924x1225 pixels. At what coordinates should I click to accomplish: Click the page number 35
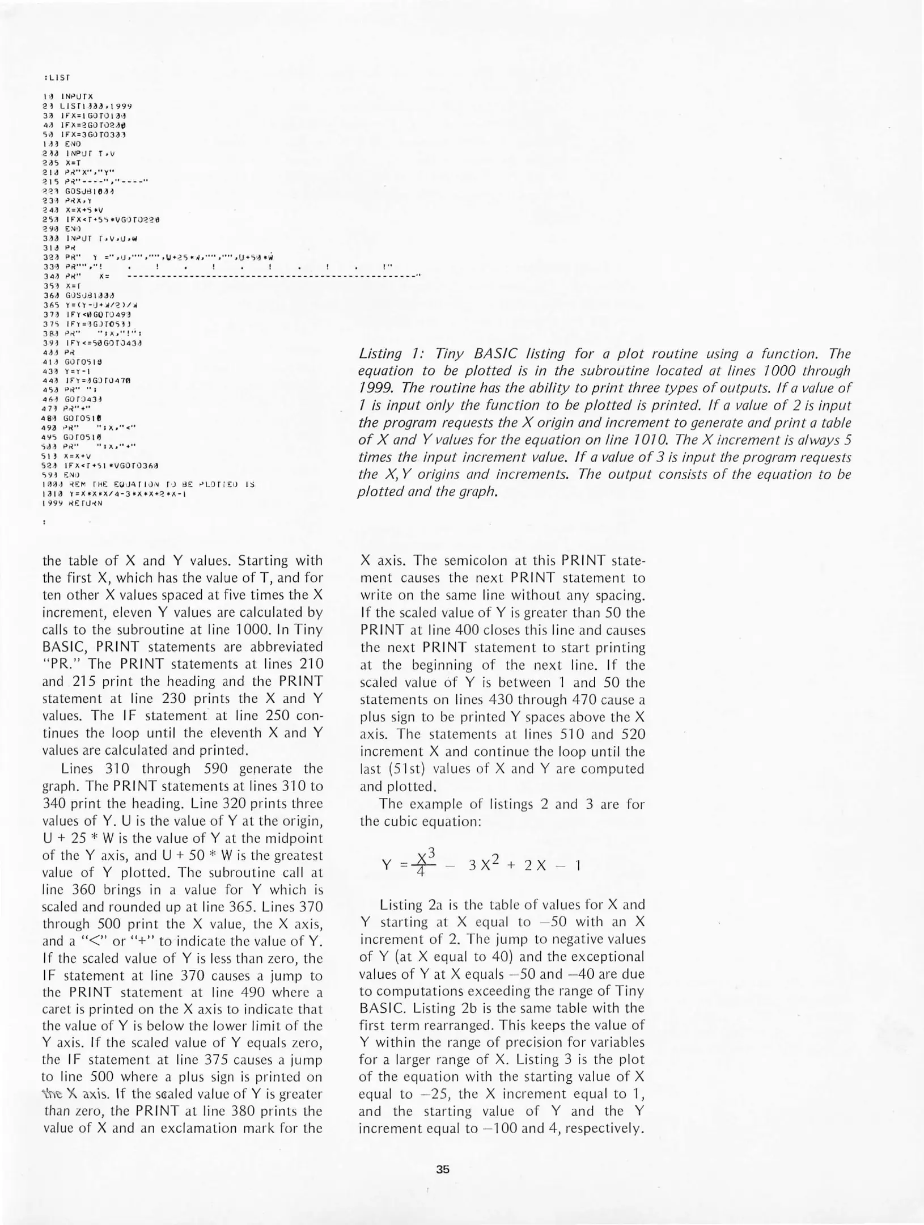coord(443,1169)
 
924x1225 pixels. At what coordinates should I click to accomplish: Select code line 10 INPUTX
coord(68,96)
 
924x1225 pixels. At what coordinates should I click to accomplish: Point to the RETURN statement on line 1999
coord(84,502)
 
